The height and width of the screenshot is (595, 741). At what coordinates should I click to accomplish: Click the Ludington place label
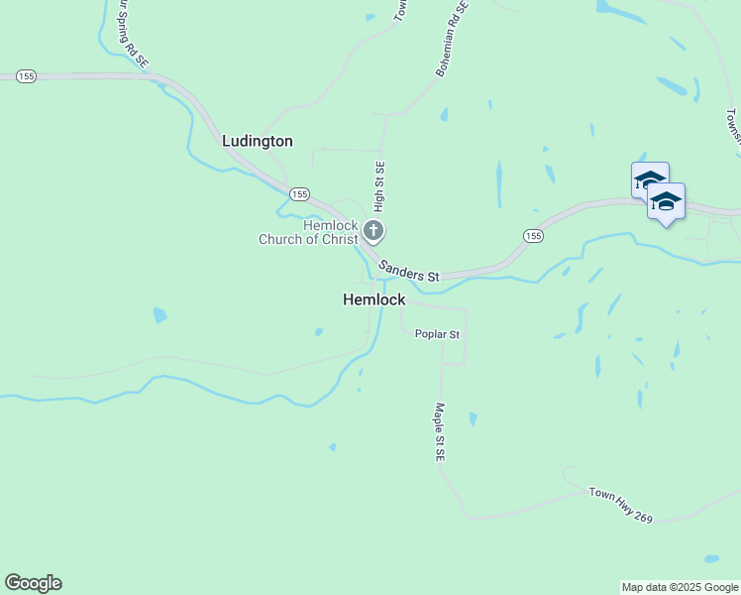(258, 141)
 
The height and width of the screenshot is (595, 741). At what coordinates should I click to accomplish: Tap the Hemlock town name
(374, 298)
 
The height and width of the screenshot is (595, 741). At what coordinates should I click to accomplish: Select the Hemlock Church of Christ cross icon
(373, 232)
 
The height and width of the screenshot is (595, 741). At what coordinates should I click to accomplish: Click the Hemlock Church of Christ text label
(308, 232)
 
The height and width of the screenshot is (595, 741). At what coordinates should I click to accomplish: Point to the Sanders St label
(408, 269)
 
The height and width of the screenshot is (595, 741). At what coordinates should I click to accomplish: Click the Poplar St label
(437, 334)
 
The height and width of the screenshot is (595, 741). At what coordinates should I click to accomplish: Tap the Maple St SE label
(440, 431)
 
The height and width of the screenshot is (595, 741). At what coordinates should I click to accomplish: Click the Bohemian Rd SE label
(451, 39)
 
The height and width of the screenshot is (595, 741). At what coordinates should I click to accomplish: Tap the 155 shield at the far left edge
(27, 75)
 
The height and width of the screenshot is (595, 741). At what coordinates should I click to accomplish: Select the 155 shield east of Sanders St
(533, 235)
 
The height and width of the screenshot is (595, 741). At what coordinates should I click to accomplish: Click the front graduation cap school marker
(666, 201)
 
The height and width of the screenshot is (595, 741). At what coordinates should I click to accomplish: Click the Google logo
(33, 583)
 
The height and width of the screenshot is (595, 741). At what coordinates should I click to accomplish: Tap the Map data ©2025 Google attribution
(680, 587)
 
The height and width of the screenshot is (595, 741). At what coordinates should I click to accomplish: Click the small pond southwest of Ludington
(159, 316)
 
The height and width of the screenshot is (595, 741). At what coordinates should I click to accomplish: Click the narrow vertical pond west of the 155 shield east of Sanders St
(498, 184)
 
